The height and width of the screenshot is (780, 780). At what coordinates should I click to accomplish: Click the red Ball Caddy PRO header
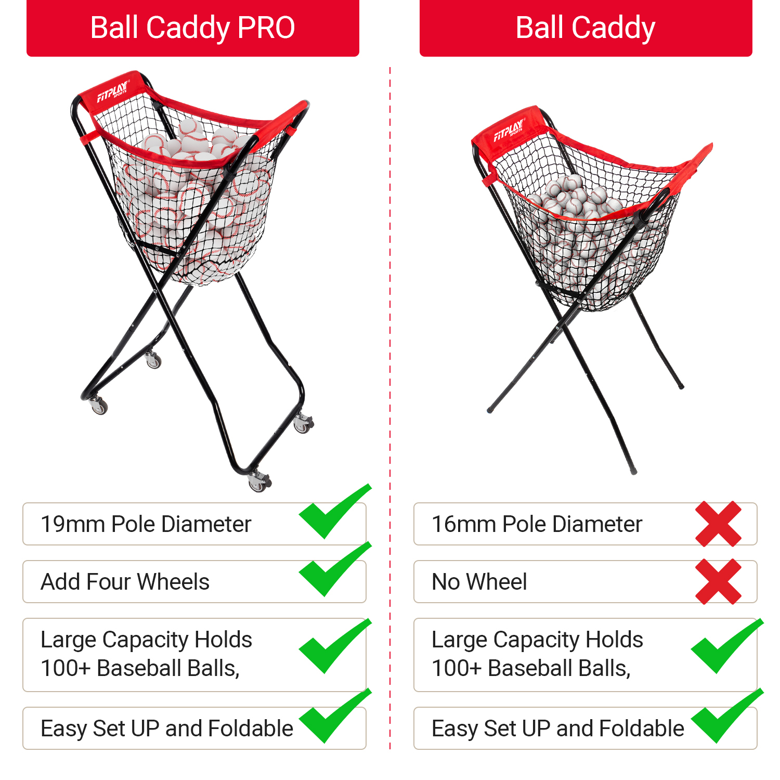coord(193,28)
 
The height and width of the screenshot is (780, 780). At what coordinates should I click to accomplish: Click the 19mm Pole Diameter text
coord(146,524)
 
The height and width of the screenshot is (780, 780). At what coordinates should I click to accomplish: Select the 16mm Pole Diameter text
coord(537,524)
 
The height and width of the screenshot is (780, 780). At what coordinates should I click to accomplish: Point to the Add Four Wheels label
coord(125,582)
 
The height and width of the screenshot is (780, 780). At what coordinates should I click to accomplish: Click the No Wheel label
coord(479,582)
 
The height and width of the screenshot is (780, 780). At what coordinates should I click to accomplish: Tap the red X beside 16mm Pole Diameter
coord(719,524)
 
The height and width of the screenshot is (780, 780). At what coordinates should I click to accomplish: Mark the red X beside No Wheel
coord(719,582)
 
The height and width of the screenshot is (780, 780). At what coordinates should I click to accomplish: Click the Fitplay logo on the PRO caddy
coord(113,91)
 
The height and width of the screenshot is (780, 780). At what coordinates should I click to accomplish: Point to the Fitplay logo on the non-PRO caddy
coord(509,129)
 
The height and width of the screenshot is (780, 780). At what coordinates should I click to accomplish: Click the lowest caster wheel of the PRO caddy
coord(258,482)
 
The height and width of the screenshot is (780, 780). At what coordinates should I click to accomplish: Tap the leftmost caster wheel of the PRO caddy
coord(98,405)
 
